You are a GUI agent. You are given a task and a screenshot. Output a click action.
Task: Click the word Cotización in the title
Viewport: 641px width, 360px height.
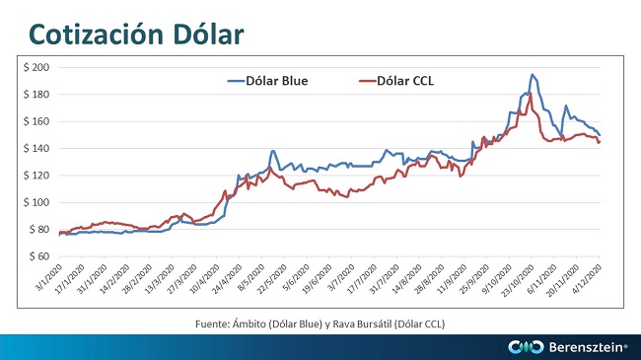pyautogui.click(x=97, y=34)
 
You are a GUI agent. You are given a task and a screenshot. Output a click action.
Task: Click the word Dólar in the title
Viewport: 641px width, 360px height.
pyautogui.click(x=208, y=34)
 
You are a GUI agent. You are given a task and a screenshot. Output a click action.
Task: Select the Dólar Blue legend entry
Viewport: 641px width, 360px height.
pyautogui.click(x=268, y=81)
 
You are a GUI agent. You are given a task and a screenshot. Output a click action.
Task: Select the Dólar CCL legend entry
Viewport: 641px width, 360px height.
pyautogui.click(x=396, y=81)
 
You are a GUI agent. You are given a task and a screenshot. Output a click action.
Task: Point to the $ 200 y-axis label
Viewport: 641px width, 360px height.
pyautogui.click(x=36, y=67)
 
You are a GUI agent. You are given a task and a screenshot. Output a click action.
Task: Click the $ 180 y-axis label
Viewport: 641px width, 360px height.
pyautogui.click(x=36, y=95)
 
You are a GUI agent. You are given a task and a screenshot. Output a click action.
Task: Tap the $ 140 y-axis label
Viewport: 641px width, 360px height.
pyautogui.click(x=36, y=149)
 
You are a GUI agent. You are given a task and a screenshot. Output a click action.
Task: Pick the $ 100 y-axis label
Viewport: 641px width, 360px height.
pyautogui.click(x=36, y=202)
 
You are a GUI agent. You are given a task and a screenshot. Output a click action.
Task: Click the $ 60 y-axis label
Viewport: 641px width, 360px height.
pyautogui.click(x=38, y=256)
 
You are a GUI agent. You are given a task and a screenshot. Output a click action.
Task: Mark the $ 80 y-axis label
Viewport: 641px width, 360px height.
pyautogui.click(x=38, y=230)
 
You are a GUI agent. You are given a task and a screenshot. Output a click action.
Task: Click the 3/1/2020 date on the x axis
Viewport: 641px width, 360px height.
pyautogui.click(x=48, y=277)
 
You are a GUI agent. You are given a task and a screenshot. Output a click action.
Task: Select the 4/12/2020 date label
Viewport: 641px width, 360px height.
pyautogui.click(x=587, y=278)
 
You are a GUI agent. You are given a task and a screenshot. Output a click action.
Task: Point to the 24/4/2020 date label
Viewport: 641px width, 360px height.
pyautogui.click(x=226, y=278)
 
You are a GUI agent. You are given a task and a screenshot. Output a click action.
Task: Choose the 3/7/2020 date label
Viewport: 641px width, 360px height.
pyautogui.click(x=340, y=277)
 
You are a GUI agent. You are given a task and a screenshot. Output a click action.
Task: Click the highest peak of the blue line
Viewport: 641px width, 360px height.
pyautogui.click(x=532, y=74)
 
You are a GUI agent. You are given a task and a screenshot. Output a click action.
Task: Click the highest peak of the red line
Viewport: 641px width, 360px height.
pyautogui.click(x=531, y=94)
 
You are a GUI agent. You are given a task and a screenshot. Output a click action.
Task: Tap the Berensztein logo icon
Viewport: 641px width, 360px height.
pyautogui.click(x=526, y=347)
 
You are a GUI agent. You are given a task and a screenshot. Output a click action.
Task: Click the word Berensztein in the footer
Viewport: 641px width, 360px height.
pyautogui.click(x=587, y=347)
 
